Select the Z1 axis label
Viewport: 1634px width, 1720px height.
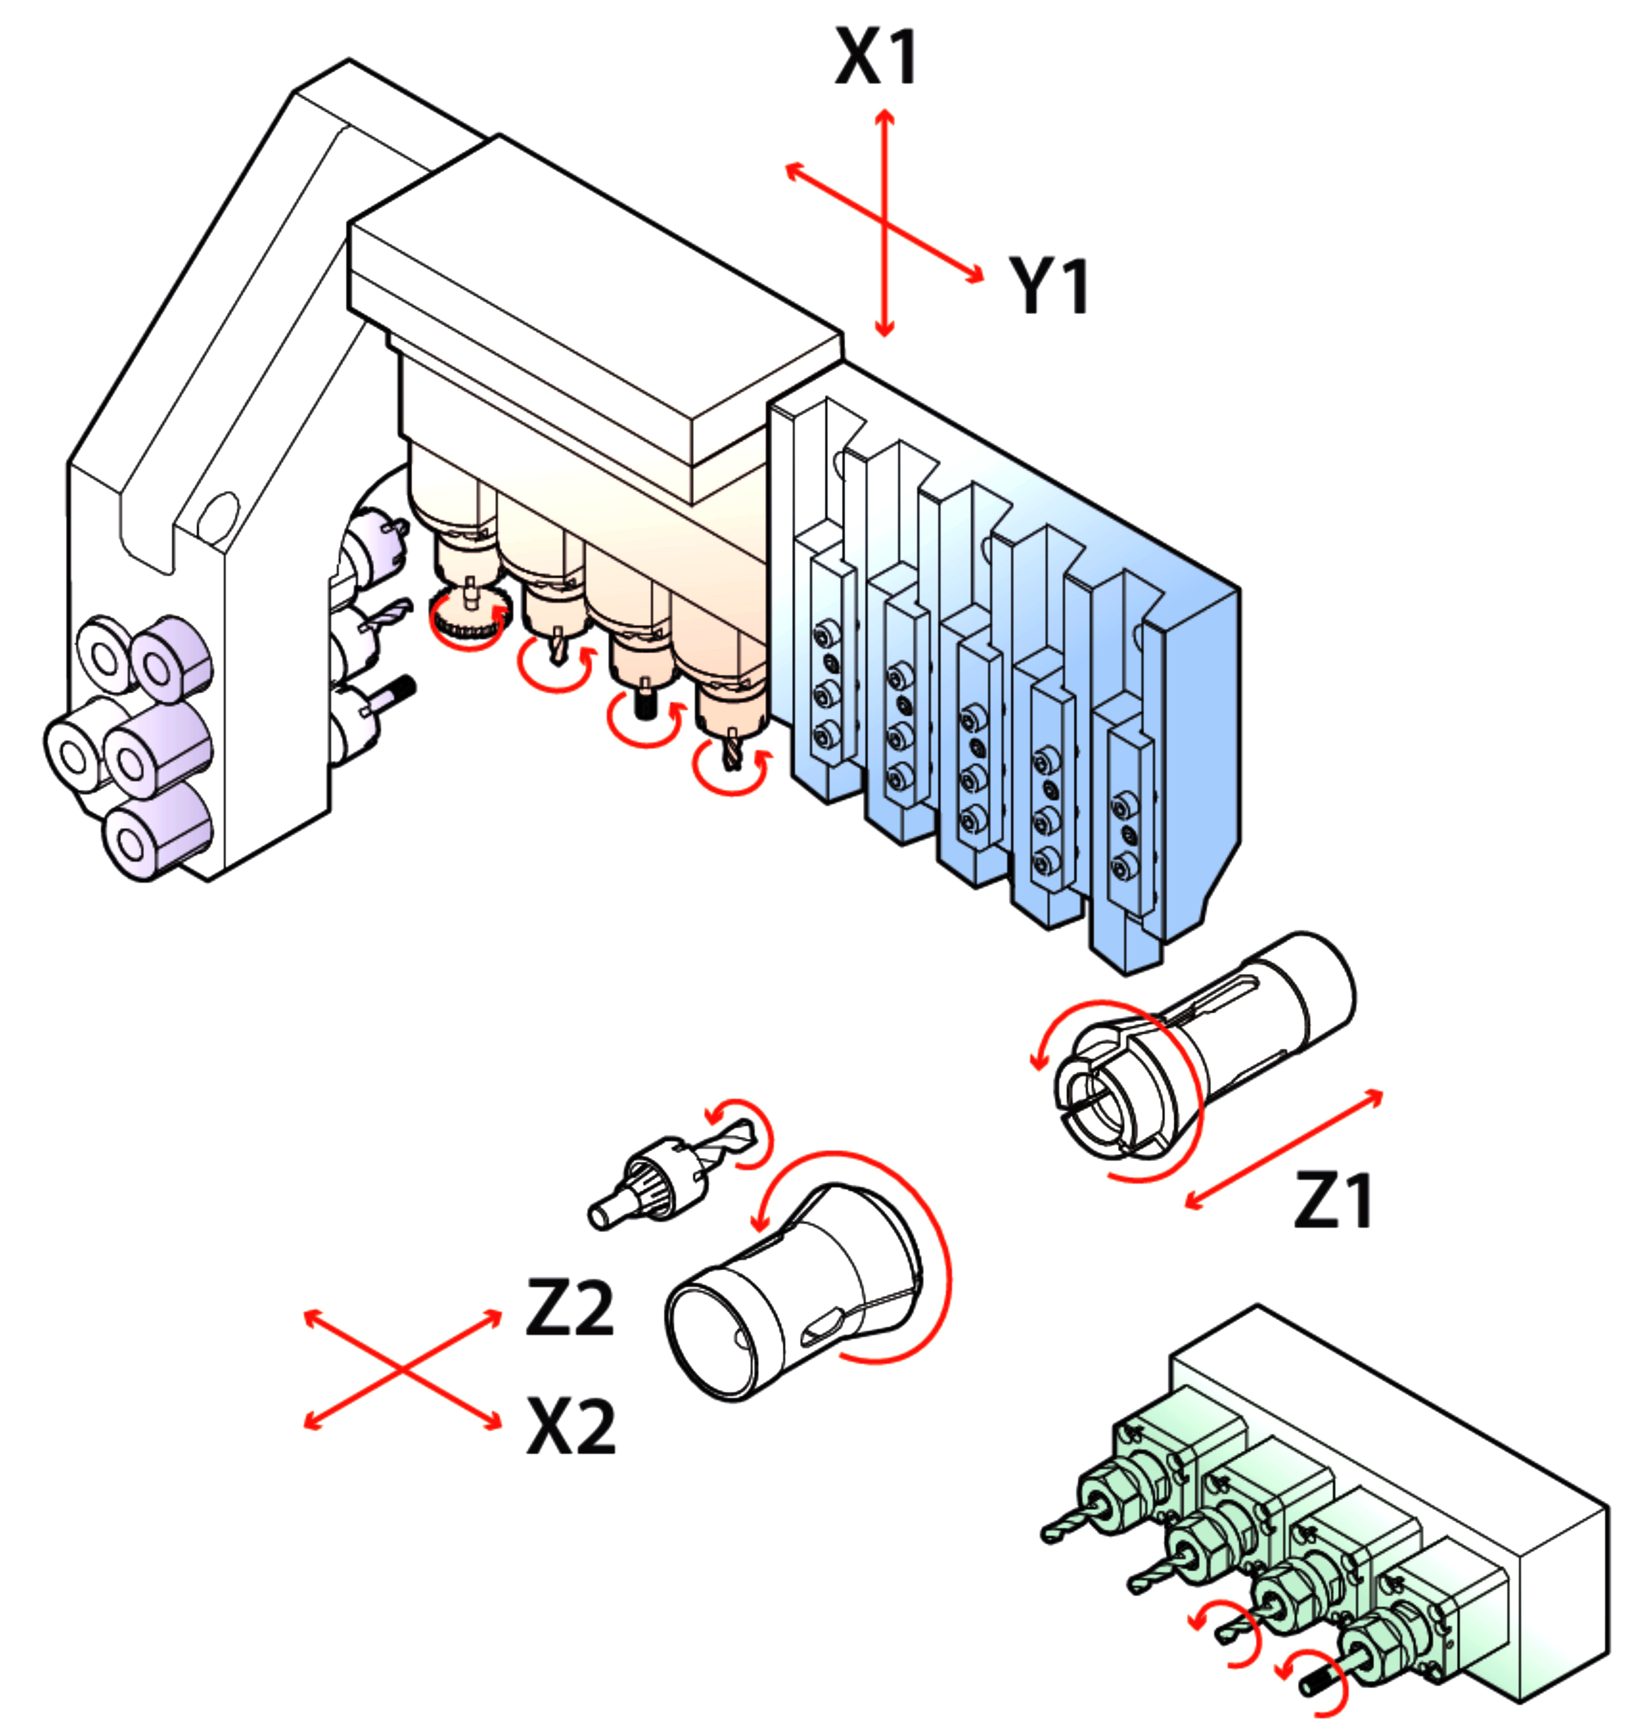[x=1333, y=1201]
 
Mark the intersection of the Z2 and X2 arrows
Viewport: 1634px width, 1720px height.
[x=402, y=1371]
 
